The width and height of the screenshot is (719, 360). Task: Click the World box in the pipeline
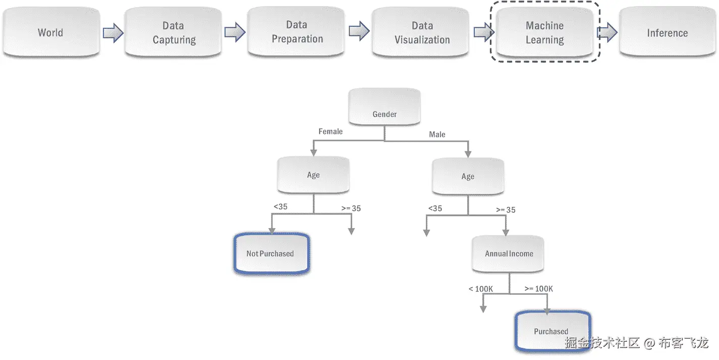[51, 33]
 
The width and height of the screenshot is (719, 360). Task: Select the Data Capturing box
[174, 33]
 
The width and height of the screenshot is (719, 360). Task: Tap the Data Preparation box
[297, 32]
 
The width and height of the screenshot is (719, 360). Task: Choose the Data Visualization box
[422, 33]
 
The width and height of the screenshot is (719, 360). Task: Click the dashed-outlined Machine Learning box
[544, 33]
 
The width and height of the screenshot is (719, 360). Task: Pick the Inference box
[667, 33]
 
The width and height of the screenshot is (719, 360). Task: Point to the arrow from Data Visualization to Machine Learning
[484, 33]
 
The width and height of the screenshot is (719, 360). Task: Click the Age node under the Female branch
[313, 175]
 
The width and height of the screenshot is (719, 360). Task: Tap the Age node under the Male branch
[468, 176]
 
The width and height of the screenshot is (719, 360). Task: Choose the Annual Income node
[509, 253]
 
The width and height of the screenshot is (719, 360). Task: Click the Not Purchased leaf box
[270, 253]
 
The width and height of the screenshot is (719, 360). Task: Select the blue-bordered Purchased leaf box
[551, 331]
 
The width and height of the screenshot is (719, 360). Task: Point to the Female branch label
[330, 132]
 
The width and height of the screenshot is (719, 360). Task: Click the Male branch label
[437, 135]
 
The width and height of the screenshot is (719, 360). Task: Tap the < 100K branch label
[480, 289]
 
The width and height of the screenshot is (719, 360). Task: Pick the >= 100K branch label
[538, 289]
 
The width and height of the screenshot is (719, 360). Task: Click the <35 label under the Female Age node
[281, 207]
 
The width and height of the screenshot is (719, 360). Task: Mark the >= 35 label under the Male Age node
[506, 210]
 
